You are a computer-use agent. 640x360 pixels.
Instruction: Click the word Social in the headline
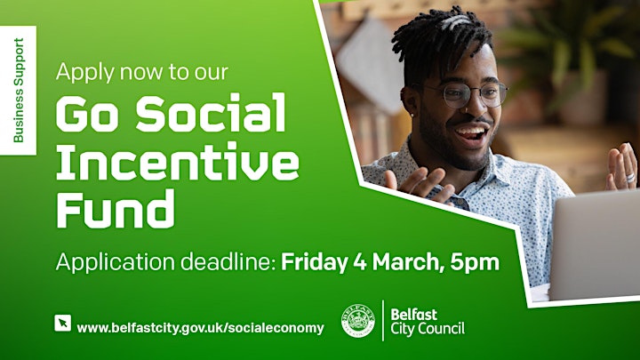pos(211,112)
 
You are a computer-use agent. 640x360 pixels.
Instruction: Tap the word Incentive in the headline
pos(178,160)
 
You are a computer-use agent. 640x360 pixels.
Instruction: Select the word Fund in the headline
pos(116,209)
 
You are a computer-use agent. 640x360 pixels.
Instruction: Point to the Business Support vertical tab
pos(18,90)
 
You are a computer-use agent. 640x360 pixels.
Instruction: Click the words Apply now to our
pos(142,72)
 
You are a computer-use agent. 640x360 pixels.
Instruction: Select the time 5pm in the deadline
pos(475,262)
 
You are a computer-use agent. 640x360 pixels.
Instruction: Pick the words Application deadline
pos(166,262)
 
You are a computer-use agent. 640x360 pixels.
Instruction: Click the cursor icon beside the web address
pos(62,323)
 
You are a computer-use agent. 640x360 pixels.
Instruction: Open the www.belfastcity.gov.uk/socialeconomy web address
pos(200,328)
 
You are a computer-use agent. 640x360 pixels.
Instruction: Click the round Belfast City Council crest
pos(358,321)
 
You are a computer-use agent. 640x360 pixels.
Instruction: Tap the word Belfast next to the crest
pos(414,315)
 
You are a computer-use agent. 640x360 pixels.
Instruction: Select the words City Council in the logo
pos(428,329)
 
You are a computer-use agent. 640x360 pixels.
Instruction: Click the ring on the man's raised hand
pos(631,178)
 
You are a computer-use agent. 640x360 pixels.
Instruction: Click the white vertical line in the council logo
pos(383,320)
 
